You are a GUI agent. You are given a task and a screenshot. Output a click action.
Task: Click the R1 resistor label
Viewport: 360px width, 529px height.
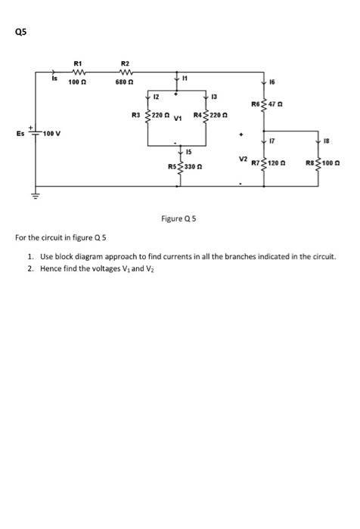click(x=78, y=62)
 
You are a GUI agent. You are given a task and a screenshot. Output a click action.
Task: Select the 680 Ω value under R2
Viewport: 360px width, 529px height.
click(x=126, y=82)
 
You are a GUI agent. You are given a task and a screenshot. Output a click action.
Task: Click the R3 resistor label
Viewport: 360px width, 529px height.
click(x=136, y=115)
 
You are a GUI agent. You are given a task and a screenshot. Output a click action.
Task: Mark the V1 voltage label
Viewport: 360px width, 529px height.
click(x=179, y=119)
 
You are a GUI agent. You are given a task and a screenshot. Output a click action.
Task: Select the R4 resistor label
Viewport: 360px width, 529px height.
click(x=198, y=115)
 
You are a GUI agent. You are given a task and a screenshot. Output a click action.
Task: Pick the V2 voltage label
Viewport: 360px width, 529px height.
click(x=242, y=159)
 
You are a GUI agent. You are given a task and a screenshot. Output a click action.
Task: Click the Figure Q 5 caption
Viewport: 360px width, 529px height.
click(x=179, y=219)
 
